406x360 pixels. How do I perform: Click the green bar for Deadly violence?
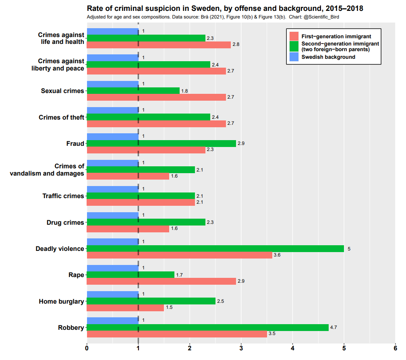[x=215, y=248]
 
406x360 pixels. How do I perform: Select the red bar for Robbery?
[x=177, y=334]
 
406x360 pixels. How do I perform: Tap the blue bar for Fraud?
[x=112, y=137]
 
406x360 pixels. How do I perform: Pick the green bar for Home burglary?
[x=151, y=301]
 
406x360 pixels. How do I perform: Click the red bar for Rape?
[x=161, y=281]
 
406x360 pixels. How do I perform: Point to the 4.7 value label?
[x=333, y=327]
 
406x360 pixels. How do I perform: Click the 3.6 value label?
[x=277, y=255]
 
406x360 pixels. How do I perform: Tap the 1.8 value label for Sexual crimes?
[x=184, y=91]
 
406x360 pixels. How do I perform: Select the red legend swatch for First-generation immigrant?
[x=294, y=36]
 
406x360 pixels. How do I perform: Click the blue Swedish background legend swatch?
[x=294, y=57]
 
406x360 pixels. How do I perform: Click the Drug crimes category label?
[x=65, y=222]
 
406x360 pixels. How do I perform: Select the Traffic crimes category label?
[x=63, y=196]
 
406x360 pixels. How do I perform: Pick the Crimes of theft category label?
[x=61, y=117]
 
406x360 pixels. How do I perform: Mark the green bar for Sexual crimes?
[x=133, y=91]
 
